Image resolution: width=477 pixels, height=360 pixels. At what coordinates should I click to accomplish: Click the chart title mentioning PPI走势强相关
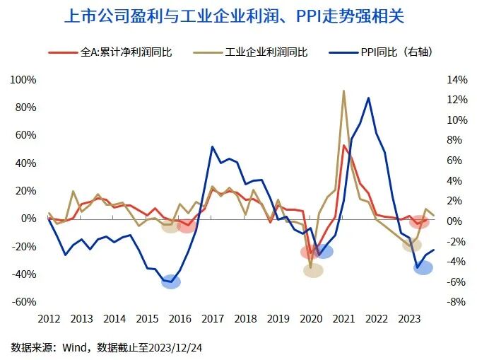click(x=239, y=16)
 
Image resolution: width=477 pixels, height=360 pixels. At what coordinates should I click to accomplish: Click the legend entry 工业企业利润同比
click(x=258, y=53)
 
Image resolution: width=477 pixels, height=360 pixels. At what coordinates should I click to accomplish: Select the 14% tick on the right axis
click(x=454, y=80)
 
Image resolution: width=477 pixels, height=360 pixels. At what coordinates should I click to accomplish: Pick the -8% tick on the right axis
click(x=454, y=302)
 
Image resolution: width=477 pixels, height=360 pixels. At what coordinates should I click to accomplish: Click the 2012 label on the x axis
click(x=48, y=318)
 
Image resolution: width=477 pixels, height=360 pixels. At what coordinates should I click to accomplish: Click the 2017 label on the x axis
click(x=213, y=318)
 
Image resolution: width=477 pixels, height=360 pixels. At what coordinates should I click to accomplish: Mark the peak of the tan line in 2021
click(x=343, y=91)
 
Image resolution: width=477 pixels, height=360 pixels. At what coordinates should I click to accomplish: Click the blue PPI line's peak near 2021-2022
click(x=368, y=98)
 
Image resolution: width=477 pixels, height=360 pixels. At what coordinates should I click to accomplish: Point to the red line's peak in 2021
click(x=344, y=145)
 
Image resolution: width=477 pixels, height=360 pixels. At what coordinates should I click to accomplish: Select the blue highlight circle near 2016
click(x=171, y=281)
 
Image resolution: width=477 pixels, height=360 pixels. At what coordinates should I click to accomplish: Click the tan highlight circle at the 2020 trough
click(x=313, y=270)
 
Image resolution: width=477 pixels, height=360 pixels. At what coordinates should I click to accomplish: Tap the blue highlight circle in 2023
click(x=423, y=267)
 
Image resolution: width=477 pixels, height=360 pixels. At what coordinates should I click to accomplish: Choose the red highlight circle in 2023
click(x=419, y=221)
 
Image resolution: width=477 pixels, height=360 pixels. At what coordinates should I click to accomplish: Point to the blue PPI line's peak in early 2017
click(x=212, y=146)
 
